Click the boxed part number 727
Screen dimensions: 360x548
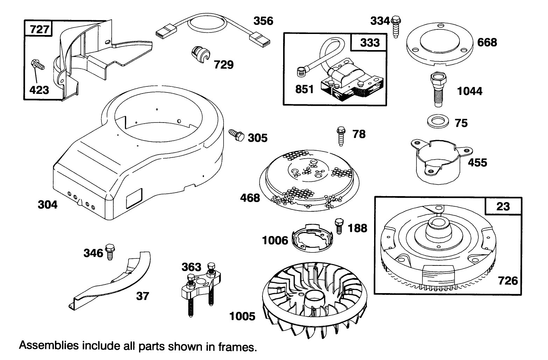[39, 29]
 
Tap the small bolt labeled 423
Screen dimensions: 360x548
[37, 65]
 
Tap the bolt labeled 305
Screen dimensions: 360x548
[236, 135]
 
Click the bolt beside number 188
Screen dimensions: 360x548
[338, 226]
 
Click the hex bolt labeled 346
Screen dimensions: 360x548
[110, 251]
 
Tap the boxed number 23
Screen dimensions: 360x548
[503, 206]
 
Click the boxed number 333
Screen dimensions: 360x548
[370, 42]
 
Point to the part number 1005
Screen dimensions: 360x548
[242, 316]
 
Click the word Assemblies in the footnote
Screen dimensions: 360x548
[48, 346]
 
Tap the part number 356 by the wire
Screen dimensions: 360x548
[263, 21]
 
